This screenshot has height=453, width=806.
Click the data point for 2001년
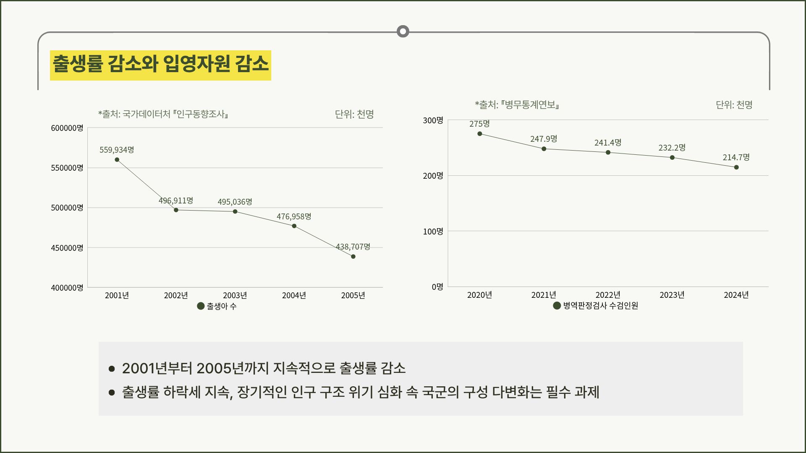(x=117, y=160)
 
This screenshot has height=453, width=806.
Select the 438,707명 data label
(x=353, y=247)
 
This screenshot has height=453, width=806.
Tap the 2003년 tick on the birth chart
(x=235, y=295)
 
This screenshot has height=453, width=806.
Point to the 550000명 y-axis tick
(x=67, y=168)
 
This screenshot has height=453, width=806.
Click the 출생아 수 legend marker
(x=201, y=306)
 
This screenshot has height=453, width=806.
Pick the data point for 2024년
(x=736, y=167)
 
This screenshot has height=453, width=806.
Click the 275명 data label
(x=479, y=124)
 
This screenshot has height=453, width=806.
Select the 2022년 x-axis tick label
(x=608, y=295)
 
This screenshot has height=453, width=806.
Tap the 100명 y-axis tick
(x=433, y=231)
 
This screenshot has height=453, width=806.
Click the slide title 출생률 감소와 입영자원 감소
(x=160, y=64)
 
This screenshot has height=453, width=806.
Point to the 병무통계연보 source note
(x=517, y=105)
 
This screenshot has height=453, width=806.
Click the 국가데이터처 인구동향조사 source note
(x=163, y=114)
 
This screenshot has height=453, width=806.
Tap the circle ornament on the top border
(x=403, y=31)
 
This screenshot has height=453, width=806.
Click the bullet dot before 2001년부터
(x=112, y=369)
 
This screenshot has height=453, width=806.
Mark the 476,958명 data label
(x=294, y=216)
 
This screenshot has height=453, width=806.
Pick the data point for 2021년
(x=544, y=149)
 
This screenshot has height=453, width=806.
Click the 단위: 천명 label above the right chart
(x=734, y=105)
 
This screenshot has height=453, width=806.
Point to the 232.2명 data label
(x=672, y=148)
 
